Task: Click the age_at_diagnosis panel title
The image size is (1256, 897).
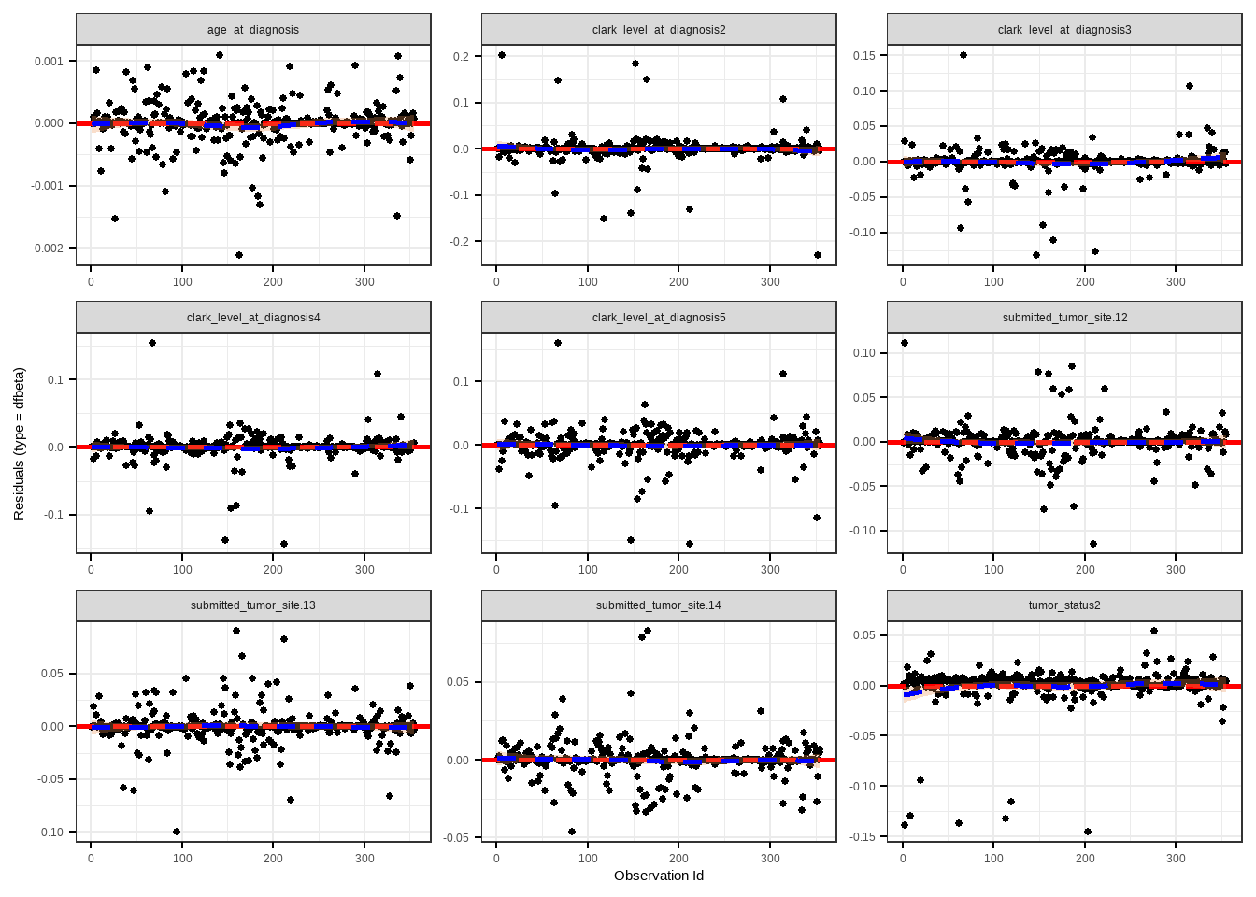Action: point(253,30)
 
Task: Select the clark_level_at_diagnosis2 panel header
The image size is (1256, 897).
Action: point(659,30)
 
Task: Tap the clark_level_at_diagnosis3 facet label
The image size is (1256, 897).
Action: point(1064,30)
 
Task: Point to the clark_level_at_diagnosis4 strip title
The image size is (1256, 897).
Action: point(253,318)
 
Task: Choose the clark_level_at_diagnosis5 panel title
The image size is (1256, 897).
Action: point(659,318)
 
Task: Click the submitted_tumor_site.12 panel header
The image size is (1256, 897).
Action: point(1064,318)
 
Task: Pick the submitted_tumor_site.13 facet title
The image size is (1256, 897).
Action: point(253,605)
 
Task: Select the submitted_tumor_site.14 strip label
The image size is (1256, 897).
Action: point(659,605)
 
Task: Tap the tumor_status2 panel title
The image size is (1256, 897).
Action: point(1064,605)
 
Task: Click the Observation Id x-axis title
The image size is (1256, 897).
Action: point(659,876)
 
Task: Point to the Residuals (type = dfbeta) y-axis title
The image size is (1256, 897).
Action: point(19,444)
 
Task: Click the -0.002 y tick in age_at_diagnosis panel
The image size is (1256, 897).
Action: point(48,249)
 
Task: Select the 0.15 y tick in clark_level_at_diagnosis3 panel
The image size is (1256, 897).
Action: point(863,56)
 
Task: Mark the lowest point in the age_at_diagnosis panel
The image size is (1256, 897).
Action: point(239,255)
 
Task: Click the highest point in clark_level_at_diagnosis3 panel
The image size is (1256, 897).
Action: point(963,55)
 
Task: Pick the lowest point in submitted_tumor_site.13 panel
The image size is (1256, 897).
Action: point(177,832)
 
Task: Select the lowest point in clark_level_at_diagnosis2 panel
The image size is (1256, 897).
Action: point(818,255)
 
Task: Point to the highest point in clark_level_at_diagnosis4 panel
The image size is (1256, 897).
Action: point(152,343)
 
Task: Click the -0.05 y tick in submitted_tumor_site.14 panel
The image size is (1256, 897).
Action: point(457,838)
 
